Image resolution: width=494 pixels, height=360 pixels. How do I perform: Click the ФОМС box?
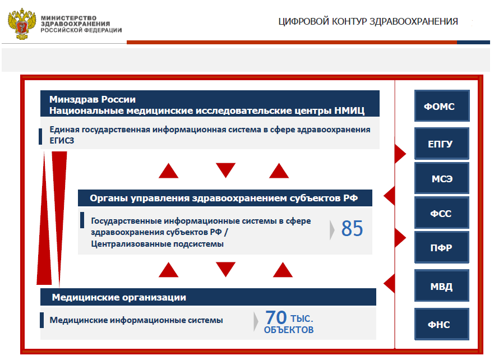[x=442, y=106]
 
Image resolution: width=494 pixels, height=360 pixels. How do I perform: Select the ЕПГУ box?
[x=442, y=144]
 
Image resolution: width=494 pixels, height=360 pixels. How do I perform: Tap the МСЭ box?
[x=442, y=179]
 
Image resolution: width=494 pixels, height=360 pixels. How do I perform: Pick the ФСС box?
[x=442, y=213]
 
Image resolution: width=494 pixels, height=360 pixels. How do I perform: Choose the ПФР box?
[x=442, y=247]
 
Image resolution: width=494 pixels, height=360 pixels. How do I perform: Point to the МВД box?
[x=442, y=287]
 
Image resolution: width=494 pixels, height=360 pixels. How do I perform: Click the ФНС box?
[x=442, y=324]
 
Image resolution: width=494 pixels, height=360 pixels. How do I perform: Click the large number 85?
[x=352, y=229]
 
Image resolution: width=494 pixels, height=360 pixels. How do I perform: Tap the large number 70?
[x=276, y=318]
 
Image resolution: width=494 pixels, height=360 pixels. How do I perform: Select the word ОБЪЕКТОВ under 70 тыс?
[x=289, y=330]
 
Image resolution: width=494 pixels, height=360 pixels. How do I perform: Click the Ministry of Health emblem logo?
[x=22, y=22]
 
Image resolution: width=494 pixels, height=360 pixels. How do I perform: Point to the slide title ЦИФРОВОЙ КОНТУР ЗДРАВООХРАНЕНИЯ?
[x=368, y=21]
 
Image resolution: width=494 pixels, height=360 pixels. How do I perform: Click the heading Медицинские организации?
[x=119, y=297]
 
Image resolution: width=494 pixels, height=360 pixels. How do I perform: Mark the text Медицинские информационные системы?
[x=136, y=320]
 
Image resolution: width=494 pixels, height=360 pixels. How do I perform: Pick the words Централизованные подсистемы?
[x=157, y=244]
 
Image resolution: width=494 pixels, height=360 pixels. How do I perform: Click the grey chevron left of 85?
[x=333, y=229]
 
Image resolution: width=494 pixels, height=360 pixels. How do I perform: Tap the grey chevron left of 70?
[x=256, y=321]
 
